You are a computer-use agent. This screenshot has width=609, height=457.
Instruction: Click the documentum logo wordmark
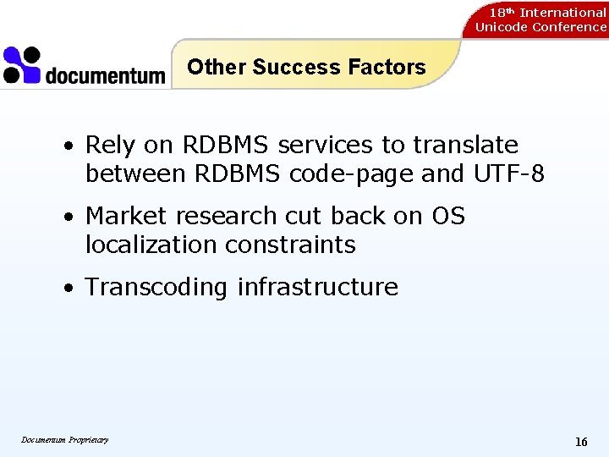tap(105, 75)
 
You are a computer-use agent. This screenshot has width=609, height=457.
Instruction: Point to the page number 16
tap(581, 442)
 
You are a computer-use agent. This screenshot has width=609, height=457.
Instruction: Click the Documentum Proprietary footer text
tap(65, 439)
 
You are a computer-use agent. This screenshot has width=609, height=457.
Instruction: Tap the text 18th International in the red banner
tap(547, 12)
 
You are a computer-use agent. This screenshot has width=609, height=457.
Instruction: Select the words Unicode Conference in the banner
tap(540, 27)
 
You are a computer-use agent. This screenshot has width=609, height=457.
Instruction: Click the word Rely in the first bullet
tap(110, 146)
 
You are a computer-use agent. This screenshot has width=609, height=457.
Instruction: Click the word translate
tap(465, 146)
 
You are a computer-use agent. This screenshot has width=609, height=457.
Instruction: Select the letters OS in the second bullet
tap(448, 216)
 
